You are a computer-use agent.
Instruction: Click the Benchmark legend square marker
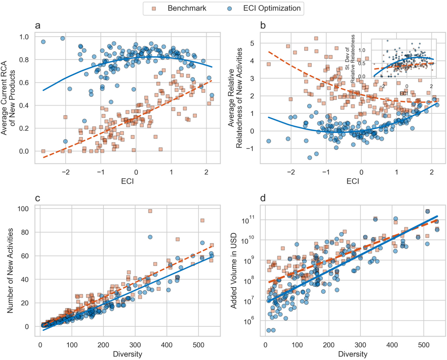[x=154, y=9]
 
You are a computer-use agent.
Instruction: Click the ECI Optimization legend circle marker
[x=229, y=9]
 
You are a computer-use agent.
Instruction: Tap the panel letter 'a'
[x=38, y=26]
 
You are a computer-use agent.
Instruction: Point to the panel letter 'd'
[x=263, y=198]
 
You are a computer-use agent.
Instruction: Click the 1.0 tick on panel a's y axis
[x=24, y=37]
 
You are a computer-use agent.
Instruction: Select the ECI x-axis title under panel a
[x=127, y=181]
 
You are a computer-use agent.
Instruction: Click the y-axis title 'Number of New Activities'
[x=10, y=270]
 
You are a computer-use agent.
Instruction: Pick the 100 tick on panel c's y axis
[x=23, y=209]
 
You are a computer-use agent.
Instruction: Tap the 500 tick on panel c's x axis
[x=198, y=345]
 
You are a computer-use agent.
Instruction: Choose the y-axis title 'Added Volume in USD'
[x=234, y=270]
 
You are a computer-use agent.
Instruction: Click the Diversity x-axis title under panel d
[x=353, y=354]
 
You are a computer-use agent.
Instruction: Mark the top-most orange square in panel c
[x=150, y=211]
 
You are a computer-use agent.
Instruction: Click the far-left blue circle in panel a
[x=43, y=42]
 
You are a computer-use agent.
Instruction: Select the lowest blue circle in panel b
[x=309, y=158]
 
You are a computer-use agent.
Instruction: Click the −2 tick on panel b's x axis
[x=291, y=172]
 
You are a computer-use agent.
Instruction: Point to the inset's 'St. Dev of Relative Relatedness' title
[x=350, y=58]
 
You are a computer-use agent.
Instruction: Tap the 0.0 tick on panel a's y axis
[x=24, y=151]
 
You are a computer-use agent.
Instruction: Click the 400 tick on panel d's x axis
[x=392, y=345]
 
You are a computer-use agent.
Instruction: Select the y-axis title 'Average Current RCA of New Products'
[x=8, y=98]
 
